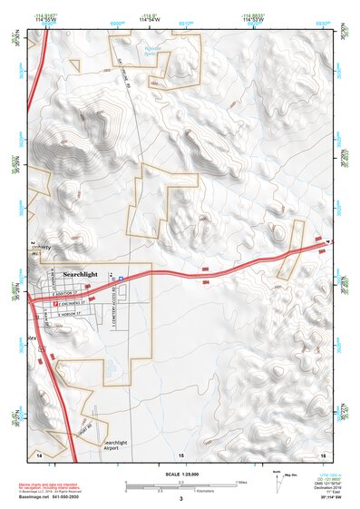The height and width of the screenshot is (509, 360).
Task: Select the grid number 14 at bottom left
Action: click(x=39, y=453)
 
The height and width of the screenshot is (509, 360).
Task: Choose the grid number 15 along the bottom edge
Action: click(x=180, y=453)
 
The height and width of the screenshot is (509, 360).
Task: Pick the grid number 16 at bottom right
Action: click(x=323, y=453)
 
